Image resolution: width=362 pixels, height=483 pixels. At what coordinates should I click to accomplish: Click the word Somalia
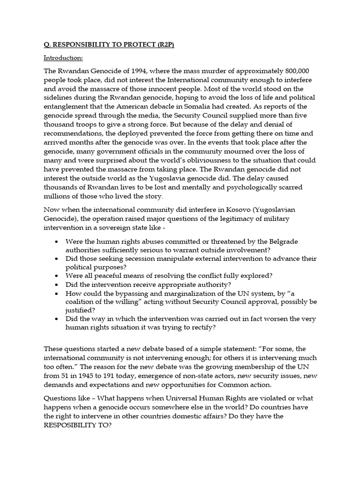(201, 107)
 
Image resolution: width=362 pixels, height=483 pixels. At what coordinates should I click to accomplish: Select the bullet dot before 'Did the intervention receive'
(57, 285)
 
